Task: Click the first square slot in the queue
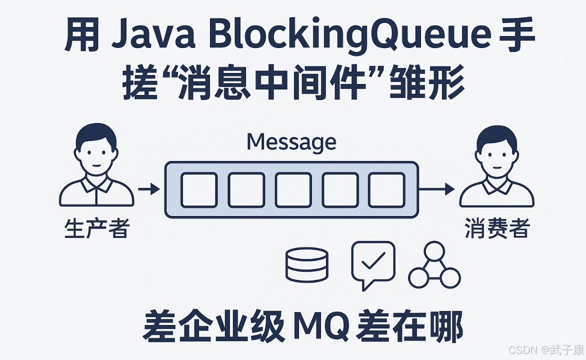[198, 189]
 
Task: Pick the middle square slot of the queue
[292, 189]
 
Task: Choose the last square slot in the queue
[386, 189]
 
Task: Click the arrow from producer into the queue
[148, 189]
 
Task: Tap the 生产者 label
[97, 229]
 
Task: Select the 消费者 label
[497, 229]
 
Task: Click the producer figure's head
[97, 147]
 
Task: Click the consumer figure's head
[496, 147]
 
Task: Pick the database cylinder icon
[306, 264]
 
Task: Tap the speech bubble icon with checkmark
[373, 263]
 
